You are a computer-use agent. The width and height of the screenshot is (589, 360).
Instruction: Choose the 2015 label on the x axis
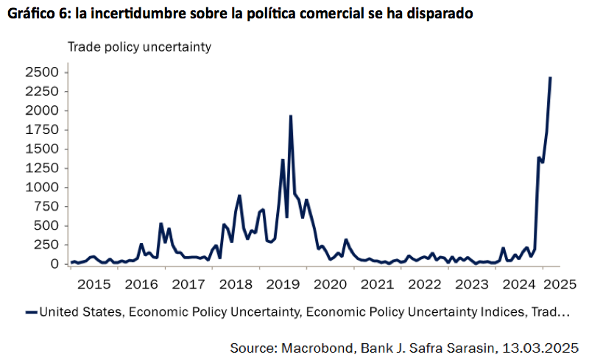[94, 283]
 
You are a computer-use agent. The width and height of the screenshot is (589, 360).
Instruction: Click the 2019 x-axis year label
[283, 283]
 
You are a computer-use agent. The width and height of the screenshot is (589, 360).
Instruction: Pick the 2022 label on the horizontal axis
[425, 283]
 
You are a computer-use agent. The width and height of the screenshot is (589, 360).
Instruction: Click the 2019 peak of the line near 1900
[291, 116]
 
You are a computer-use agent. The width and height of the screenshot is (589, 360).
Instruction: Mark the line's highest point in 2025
[551, 77]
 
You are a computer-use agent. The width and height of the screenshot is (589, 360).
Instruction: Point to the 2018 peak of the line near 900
[239, 196]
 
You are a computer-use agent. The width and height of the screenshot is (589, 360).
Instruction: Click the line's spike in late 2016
[161, 224]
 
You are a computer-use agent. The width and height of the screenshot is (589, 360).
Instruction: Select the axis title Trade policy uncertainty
[140, 46]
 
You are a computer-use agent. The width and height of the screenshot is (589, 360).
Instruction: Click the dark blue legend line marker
[30, 312]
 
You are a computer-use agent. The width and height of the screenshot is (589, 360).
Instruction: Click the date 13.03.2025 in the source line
[546, 346]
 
